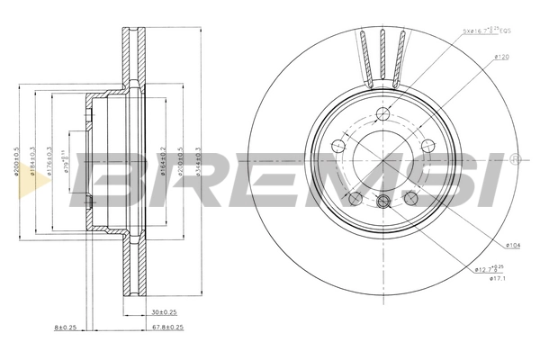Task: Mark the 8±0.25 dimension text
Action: point(64,327)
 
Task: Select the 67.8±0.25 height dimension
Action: point(167,327)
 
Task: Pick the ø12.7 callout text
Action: point(490,268)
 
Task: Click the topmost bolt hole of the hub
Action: point(383,113)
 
